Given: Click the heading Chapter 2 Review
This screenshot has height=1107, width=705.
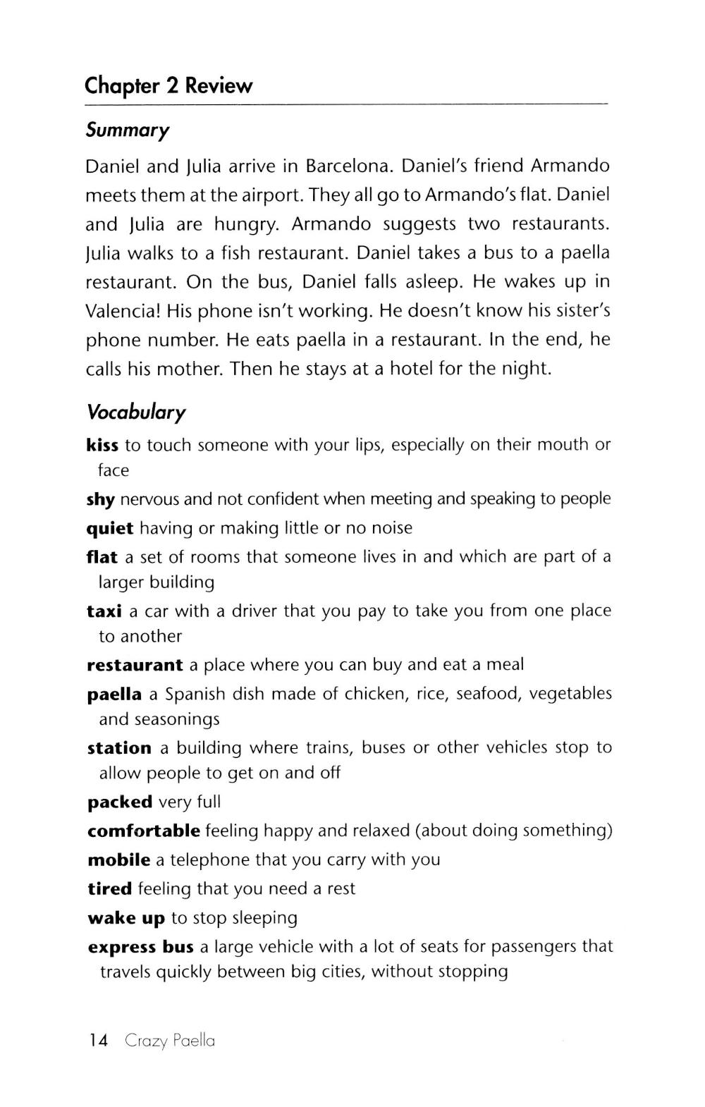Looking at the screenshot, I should click(168, 86).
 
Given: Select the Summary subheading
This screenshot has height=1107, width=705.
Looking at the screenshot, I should click(128, 130).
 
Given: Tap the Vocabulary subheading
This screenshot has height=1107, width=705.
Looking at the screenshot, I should click(135, 412).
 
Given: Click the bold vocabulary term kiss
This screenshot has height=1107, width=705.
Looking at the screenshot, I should click(102, 445).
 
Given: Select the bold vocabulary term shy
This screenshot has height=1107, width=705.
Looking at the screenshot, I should click(100, 500).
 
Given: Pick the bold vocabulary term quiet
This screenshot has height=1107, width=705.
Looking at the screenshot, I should click(110, 529).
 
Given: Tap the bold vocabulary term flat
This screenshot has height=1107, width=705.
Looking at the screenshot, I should click(102, 557).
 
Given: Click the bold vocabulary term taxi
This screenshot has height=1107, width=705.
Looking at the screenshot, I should click(104, 611).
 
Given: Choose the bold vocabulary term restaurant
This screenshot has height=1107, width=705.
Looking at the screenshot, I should click(135, 665).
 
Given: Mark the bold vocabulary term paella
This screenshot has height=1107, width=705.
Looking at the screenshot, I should click(114, 695).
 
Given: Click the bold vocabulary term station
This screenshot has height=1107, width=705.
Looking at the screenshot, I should click(119, 747).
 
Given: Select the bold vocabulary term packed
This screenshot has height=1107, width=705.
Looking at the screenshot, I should click(120, 802).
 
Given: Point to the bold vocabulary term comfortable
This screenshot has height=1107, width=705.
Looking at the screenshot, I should click(144, 831).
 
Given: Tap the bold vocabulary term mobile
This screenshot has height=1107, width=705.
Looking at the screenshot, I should click(118, 860).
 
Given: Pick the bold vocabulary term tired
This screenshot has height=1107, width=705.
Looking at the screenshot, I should click(109, 889).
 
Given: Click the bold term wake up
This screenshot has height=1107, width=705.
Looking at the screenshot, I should click(126, 919).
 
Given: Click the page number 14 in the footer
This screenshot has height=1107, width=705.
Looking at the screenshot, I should click(99, 1041).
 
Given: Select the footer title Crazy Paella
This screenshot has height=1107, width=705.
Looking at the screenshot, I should click(170, 1041).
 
